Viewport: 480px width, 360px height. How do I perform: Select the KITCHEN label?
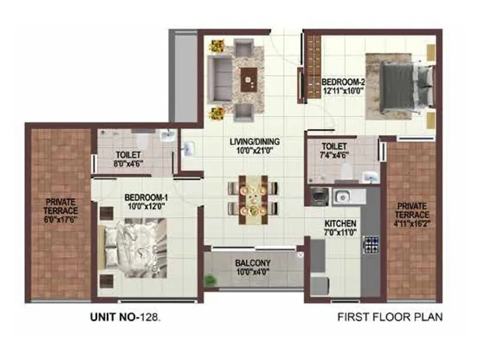point(340,227)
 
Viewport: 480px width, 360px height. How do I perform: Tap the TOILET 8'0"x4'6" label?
point(128,158)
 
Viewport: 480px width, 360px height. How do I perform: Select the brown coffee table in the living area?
point(248,79)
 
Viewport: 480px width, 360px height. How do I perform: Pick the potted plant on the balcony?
point(210,279)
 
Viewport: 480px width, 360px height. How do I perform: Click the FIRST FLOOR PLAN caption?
point(390,316)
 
